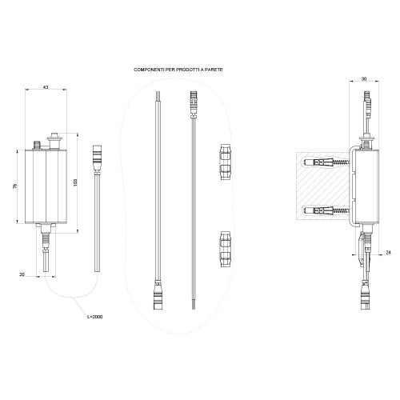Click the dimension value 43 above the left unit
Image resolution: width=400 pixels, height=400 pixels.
point(46,86)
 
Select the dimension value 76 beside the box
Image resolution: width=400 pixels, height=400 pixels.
point(15,186)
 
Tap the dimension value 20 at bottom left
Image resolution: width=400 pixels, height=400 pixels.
point(21,274)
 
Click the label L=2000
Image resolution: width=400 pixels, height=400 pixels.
point(94,317)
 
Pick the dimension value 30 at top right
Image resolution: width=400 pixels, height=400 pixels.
point(364,80)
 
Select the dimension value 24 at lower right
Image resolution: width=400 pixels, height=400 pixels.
point(388,253)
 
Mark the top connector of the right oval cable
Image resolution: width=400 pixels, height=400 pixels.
point(192,104)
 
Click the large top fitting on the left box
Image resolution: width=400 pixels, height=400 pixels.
point(55,142)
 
